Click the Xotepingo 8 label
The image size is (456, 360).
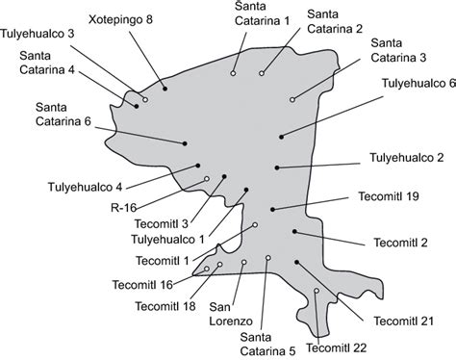(120, 20)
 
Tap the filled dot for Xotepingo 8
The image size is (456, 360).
(165, 89)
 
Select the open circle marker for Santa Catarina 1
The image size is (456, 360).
(233, 73)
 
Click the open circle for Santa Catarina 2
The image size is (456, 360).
(262, 73)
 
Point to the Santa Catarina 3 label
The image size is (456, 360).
(398, 50)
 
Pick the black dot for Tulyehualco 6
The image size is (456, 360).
(281, 137)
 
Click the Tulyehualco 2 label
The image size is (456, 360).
(407, 158)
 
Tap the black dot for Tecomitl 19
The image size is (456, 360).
(272, 210)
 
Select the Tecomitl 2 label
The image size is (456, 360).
(401, 243)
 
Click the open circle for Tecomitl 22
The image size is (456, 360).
(317, 291)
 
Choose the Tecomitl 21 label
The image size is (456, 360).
(404, 321)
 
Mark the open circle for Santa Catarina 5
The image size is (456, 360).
(268, 258)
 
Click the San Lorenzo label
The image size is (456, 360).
(231, 314)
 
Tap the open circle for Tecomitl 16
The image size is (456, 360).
(207, 269)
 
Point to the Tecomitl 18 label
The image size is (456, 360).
(165, 306)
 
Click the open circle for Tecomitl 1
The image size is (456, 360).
(255, 225)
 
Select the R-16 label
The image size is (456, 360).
(124, 208)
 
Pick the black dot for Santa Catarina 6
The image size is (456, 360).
(185, 143)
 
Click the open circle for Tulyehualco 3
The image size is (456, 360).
(145, 100)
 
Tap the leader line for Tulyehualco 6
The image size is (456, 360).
(332, 116)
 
